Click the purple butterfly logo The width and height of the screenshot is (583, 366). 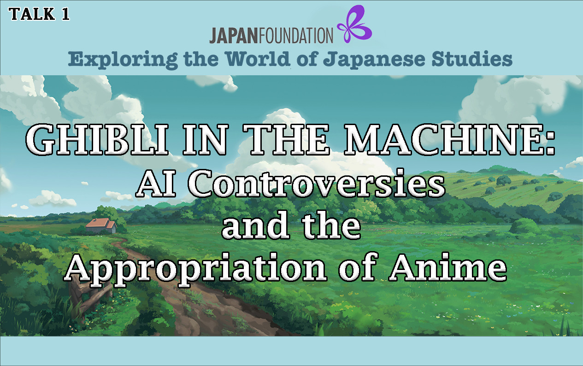(354, 24)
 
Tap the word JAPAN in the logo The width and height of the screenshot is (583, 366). (234, 36)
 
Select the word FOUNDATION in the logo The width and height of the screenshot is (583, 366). (295, 36)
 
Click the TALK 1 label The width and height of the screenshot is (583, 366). (39, 14)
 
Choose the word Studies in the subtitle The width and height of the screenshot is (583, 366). (472, 59)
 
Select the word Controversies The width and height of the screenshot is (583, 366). (316, 183)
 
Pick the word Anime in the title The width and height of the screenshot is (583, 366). (448, 267)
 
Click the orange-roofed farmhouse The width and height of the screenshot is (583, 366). (101, 226)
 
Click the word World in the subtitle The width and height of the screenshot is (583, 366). (258, 59)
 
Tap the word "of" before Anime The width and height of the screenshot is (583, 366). (357, 267)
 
